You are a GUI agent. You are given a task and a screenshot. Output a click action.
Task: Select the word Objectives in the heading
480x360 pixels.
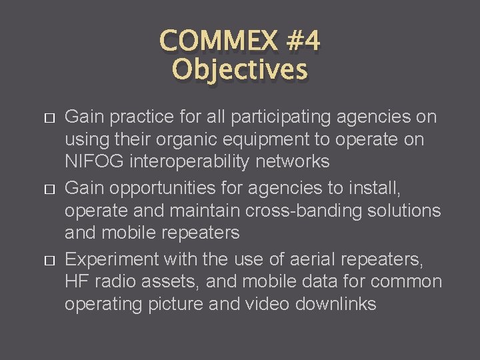click(x=240, y=69)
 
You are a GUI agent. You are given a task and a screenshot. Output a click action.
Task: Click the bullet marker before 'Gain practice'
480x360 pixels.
click(x=47, y=118)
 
